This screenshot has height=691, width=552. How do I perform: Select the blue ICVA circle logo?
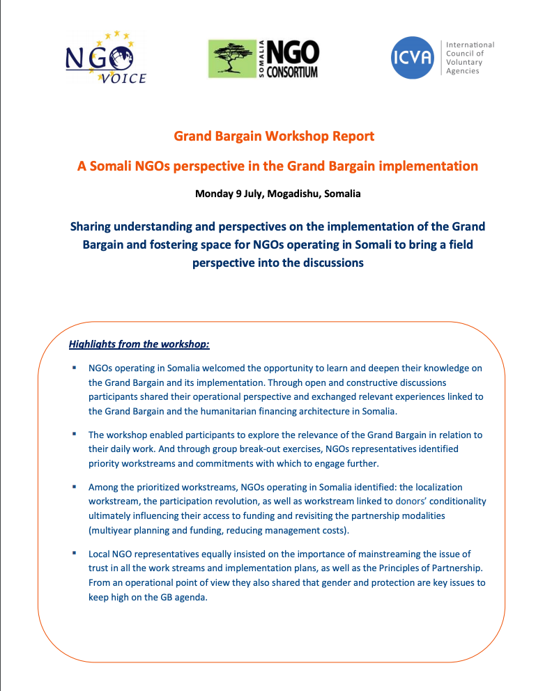click(x=413, y=57)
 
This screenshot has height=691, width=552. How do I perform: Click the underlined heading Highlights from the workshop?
click(x=139, y=344)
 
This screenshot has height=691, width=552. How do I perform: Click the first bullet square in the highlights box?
click(x=73, y=366)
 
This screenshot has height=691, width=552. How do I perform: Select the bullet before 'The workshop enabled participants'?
click(x=73, y=433)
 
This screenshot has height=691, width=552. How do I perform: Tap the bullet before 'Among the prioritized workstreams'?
click(x=73, y=486)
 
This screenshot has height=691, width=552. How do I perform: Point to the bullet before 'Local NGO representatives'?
click(x=73, y=552)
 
